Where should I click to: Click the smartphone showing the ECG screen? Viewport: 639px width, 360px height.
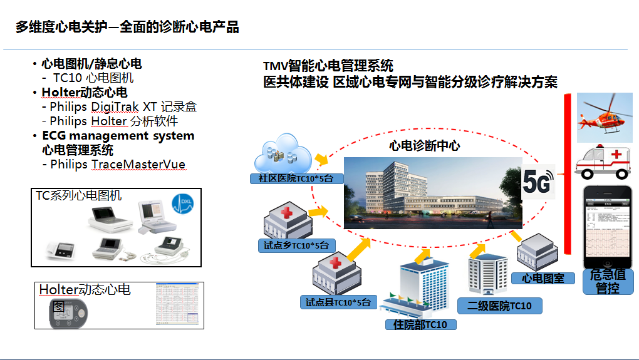click(608, 225)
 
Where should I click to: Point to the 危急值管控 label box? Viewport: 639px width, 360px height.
click(608, 282)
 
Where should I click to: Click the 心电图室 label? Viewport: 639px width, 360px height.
click(543, 278)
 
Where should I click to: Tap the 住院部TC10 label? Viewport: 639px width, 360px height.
click(420, 324)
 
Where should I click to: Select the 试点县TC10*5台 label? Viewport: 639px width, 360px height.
click(338, 303)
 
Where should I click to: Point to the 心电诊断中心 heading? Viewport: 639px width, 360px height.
click(424, 146)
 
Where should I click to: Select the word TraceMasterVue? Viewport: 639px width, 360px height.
click(138, 165)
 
